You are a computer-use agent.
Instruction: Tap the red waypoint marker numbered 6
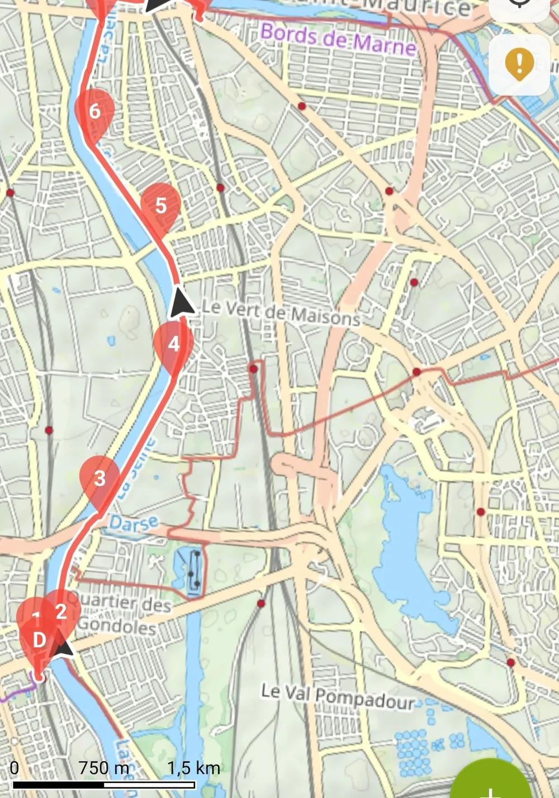click(x=94, y=111)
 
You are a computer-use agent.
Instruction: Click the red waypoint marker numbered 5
click(x=160, y=206)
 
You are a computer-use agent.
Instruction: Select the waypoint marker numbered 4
click(x=173, y=344)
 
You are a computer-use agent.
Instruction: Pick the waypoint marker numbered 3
click(x=100, y=478)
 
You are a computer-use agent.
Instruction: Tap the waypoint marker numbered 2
click(x=61, y=611)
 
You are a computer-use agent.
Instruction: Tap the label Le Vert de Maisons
click(x=280, y=312)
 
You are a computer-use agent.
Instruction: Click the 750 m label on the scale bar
click(x=103, y=768)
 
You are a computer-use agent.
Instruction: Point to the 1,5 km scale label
click(x=193, y=768)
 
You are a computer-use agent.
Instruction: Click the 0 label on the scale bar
click(x=15, y=768)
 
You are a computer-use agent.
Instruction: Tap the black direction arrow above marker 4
click(x=181, y=302)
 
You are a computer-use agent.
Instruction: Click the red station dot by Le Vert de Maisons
click(x=254, y=369)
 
